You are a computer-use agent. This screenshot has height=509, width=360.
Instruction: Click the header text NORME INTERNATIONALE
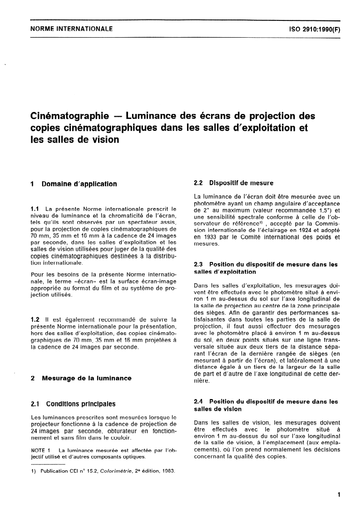71,29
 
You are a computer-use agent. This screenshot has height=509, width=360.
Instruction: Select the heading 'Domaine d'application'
79,184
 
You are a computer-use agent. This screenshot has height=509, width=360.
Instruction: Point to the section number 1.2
35,320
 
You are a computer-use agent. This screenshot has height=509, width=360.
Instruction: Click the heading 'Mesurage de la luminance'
86,378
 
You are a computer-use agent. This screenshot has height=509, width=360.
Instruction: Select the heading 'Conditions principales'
78,404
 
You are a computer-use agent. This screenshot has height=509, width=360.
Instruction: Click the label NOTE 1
40,450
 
